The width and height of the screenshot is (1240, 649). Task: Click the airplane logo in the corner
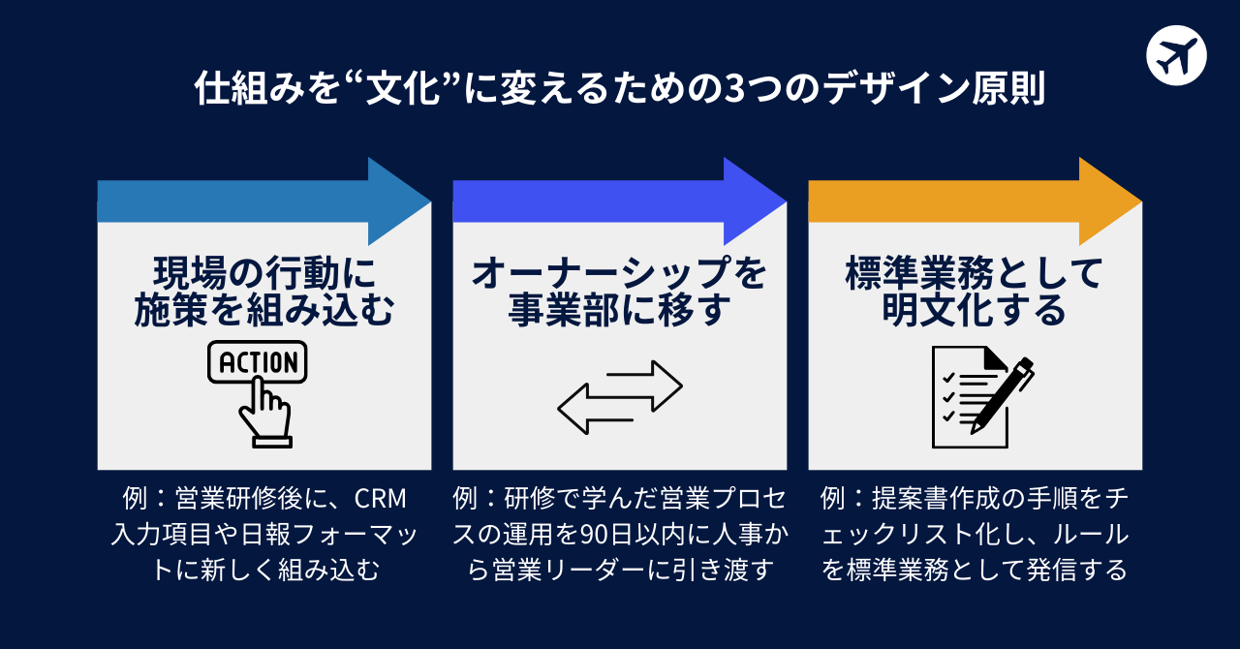pos(1176,55)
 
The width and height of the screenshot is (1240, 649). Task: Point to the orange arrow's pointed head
pos(1109,201)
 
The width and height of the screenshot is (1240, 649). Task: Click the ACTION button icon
pos(258,363)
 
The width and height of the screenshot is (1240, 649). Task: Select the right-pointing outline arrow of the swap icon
pos(639,385)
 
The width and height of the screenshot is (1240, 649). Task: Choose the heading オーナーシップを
pos(619,273)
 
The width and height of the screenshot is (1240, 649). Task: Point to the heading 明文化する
pos(975,312)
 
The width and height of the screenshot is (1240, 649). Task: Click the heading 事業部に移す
pos(619,312)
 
